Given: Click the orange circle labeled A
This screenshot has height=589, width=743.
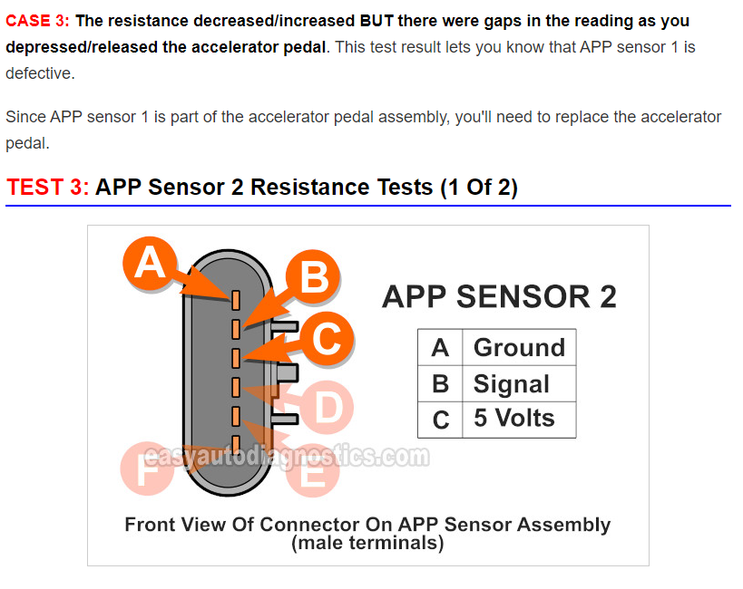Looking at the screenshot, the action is tap(150, 264).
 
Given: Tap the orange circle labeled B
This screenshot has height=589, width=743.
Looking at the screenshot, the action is tap(313, 276).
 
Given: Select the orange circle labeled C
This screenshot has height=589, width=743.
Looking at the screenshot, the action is tap(327, 338).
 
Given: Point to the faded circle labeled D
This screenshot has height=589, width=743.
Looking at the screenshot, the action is tap(327, 407).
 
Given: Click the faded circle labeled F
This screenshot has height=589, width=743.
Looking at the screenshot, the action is tap(147, 468).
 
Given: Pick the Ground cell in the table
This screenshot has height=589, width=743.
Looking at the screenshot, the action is tap(519, 348).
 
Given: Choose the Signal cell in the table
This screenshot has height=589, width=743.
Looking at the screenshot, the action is tap(519, 383).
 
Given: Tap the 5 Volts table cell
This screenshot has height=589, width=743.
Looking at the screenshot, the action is tap(519, 420).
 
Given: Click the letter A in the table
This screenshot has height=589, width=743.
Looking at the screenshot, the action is tap(440, 348).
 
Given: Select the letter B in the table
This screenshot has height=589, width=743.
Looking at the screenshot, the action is tap(440, 384).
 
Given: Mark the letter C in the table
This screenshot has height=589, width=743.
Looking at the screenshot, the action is tap(441, 420).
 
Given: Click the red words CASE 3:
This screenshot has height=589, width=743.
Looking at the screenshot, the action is tap(37, 21).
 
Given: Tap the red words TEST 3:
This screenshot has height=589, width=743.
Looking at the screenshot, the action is tap(47, 187).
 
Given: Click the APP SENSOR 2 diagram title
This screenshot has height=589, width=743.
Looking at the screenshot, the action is tap(499, 297).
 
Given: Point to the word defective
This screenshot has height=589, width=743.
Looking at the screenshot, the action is tap(40, 73).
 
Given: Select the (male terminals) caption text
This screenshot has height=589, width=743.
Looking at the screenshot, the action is tap(367, 543).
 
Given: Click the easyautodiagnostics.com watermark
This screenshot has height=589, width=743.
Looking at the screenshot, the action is tap(287, 457).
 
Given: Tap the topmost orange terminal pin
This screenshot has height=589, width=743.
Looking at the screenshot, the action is tap(236, 300).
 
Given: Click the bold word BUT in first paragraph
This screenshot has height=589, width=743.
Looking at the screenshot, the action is tap(376, 21).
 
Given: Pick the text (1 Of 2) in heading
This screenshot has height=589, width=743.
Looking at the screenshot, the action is tap(479, 188).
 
